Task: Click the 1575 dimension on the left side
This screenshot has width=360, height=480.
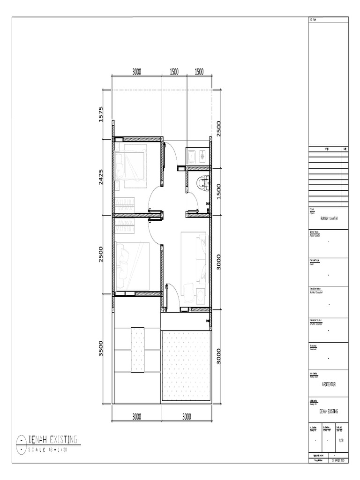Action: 101,114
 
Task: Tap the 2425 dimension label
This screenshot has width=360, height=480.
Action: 101,177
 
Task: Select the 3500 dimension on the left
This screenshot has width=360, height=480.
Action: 101,349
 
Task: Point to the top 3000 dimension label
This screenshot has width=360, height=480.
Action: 136,72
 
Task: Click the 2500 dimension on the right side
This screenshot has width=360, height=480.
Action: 218,128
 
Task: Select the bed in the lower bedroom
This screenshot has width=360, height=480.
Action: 133,266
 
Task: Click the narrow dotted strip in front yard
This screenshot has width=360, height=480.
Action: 137,349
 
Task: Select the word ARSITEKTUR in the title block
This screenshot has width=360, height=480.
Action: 328,384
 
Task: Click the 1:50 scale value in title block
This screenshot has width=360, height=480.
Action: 341,440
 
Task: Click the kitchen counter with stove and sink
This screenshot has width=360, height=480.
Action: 196,156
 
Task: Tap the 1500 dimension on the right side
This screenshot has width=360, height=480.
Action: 218,191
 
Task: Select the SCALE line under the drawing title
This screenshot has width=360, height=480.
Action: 49,450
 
